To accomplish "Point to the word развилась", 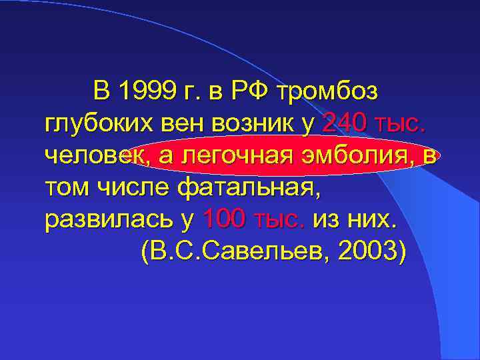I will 98,219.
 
